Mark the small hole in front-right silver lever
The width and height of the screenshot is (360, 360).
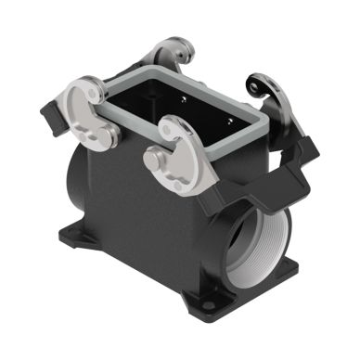168,131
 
